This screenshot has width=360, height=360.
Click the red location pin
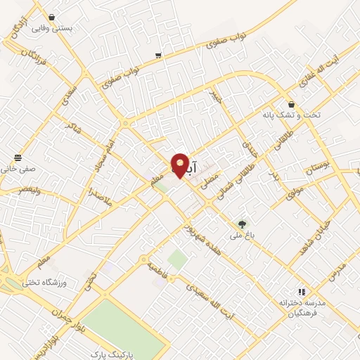(180, 165)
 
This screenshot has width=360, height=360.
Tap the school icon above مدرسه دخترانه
(302, 292)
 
